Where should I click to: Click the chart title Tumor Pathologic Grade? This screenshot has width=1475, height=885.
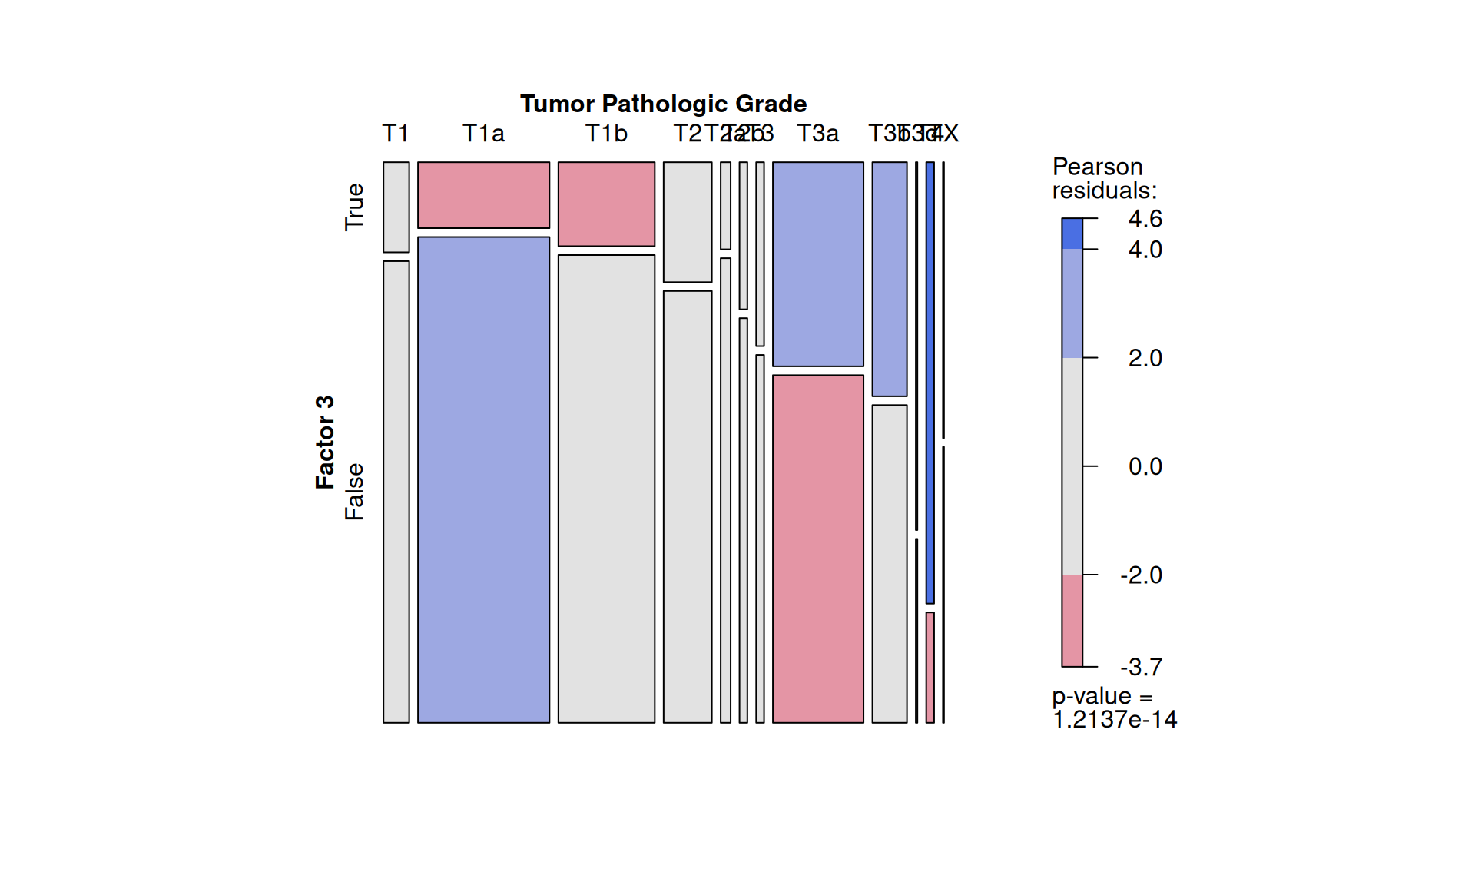663,104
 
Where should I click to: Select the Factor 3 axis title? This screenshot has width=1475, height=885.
325,442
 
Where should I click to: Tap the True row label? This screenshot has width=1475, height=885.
354,207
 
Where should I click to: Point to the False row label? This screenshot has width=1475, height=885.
354,492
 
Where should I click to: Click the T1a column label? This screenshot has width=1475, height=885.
483,134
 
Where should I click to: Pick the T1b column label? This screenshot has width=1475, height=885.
606,134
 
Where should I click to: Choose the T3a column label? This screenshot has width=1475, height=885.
817,134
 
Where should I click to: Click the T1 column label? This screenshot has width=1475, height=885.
396,134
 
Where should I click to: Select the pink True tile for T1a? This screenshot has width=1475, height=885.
483,195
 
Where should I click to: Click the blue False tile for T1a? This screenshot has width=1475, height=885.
483,479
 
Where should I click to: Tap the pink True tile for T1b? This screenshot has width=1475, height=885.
606,204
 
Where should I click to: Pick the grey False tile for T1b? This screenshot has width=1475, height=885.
606,489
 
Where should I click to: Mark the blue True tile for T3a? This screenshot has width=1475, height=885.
817,264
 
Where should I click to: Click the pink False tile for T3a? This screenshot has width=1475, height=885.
817,549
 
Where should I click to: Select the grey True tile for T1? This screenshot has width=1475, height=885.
396,207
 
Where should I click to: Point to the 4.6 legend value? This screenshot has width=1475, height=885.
1145,219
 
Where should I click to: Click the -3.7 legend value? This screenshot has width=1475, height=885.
1142,667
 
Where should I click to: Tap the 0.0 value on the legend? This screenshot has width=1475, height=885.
1145,466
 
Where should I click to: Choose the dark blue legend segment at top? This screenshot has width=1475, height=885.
1072,234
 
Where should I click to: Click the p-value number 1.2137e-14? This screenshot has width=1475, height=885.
1114,720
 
